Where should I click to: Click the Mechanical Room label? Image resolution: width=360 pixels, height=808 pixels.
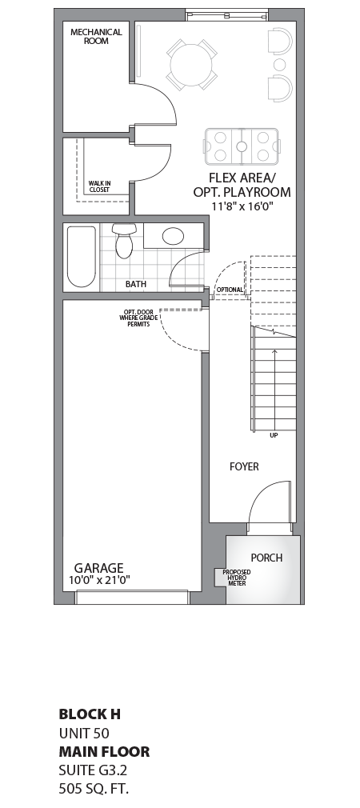pos(96,36)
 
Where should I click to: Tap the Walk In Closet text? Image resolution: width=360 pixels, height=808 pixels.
pos(100,186)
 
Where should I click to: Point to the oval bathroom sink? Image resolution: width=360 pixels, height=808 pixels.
pos(174,236)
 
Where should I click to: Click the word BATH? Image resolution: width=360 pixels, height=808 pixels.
pos(135,284)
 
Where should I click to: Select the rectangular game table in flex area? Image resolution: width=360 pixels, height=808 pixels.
pos(242,146)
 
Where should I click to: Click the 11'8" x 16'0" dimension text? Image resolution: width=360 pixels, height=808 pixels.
pos(242,206)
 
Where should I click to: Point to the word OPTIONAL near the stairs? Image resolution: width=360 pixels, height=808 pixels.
pos(230,290)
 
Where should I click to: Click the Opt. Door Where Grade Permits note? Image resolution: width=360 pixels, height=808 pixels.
pos(137,318)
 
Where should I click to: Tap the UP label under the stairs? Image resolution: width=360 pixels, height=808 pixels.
pos(274,436)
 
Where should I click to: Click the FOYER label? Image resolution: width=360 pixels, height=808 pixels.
pos(244,466)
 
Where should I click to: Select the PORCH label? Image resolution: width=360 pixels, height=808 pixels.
pos(266,558)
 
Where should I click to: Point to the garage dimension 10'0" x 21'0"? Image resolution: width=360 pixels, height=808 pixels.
pos(99,580)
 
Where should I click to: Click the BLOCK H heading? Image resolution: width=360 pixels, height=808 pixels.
pos(90,714)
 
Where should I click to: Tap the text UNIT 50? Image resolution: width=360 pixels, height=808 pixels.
pos(83,733)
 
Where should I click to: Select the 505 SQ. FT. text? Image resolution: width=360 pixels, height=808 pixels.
pos(94,789)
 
